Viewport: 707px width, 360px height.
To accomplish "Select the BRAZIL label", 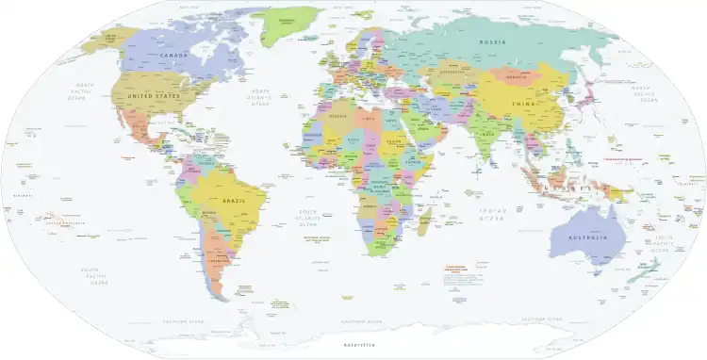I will [x=234, y=202].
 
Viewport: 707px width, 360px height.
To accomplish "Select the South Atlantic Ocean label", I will [x=308, y=219].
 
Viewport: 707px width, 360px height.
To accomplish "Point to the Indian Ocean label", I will [x=488, y=213].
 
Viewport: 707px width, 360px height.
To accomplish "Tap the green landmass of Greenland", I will [x=299, y=24].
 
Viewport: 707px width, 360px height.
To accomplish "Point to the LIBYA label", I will [x=373, y=120].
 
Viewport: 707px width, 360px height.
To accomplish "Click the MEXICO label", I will [x=140, y=124].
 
